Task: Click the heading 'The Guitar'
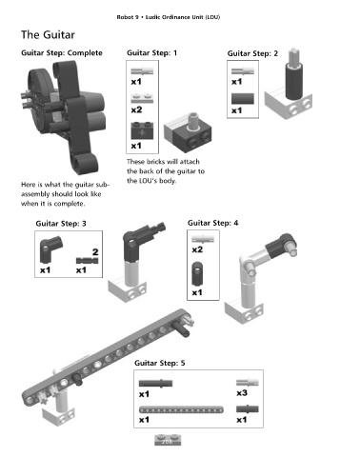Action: point(48,34)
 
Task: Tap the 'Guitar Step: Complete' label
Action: point(62,52)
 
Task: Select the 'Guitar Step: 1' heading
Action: point(151,52)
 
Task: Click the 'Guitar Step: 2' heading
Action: point(252,53)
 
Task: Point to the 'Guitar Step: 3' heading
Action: point(61,224)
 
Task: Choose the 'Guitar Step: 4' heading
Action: point(212,223)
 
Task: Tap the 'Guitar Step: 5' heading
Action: point(159,363)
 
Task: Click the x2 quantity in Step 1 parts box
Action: point(136,109)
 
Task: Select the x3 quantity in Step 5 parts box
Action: point(242,393)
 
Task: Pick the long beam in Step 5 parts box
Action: point(181,409)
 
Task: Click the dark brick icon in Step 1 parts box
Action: point(142,130)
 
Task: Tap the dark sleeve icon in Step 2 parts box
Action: point(243,98)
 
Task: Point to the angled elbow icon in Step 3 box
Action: point(50,249)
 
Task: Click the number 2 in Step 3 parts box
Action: point(95,252)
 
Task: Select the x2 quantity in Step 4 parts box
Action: point(197,249)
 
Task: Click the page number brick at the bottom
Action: point(168,440)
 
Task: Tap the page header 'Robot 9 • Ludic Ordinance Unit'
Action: point(169,17)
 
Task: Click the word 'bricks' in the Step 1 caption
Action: point(154,162)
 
